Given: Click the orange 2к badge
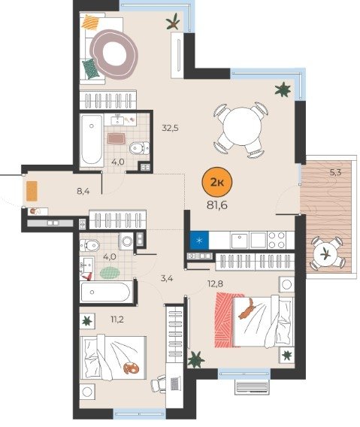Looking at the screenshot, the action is tap(216, 182).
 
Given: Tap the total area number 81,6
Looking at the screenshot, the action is tap(217, 205).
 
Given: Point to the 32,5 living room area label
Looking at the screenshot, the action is tap(170, 128).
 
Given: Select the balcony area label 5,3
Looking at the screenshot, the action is tap(335, 172).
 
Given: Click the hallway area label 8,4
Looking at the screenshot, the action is tap(83, 191).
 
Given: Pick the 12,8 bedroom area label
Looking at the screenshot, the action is tap(215, 284).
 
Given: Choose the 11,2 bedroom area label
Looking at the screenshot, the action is tap(117, 319).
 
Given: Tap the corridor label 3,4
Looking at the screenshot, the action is tap(167, 279).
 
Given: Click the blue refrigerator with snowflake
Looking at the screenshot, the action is tap(199, 240).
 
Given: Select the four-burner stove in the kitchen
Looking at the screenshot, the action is tap(276, 240).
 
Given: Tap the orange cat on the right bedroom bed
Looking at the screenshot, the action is tap(246, 308).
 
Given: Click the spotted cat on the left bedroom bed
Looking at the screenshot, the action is tap(131, 368).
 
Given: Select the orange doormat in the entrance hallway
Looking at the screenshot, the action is tap(32, 191).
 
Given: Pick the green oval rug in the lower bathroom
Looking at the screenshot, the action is tap(110, 273).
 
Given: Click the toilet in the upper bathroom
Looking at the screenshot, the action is tap(139, 148).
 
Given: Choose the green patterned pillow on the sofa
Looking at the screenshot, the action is tap(91, 68).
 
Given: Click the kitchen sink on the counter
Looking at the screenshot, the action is tap(239, 240).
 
